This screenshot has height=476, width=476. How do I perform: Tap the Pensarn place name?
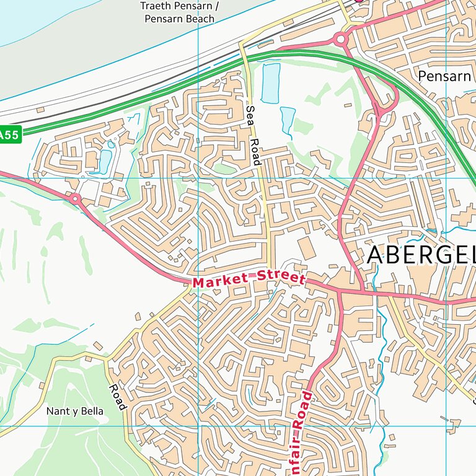point(444,76)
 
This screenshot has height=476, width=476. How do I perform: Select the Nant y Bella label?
point(75,411)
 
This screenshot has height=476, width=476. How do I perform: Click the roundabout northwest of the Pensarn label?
point(340,40)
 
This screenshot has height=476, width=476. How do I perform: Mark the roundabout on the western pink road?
point(76,199)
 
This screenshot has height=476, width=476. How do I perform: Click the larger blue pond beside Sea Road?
point(271,82)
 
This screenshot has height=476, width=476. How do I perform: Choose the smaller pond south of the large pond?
point(288,119)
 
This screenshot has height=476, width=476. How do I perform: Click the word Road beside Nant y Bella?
point(117,397)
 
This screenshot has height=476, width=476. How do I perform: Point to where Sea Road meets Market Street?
point(271,273)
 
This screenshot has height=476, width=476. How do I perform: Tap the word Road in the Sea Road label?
point(255,151)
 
